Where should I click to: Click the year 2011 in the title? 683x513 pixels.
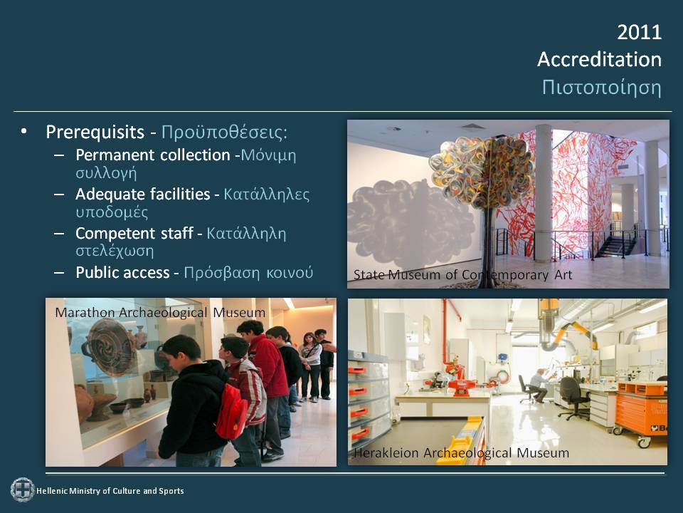coord(639,32)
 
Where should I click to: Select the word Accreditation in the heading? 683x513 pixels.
coord(599,59)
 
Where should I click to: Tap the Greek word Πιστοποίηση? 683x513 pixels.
coord(602,87)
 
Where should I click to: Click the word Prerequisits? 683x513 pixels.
coord(95,132)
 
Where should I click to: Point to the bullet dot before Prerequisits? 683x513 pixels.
coord(23,131)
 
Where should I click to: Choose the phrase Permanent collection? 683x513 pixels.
coord(153,155)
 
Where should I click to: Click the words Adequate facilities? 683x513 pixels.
coord(143,194)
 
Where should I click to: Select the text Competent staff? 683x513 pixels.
coord(134,234)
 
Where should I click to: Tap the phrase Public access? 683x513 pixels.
coord(122,272)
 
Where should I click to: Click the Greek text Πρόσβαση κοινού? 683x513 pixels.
coord(248,273)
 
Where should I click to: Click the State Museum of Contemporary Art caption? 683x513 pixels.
coord(462,275)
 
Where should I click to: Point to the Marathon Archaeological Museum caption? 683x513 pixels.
coord(160,312)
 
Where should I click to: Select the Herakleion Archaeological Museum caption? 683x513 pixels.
coord(461,453)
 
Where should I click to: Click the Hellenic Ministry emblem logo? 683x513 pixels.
coord(23,490)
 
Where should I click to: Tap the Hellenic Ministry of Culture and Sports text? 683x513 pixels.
coord(110,491)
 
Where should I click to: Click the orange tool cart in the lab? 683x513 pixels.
coord(641,413)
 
